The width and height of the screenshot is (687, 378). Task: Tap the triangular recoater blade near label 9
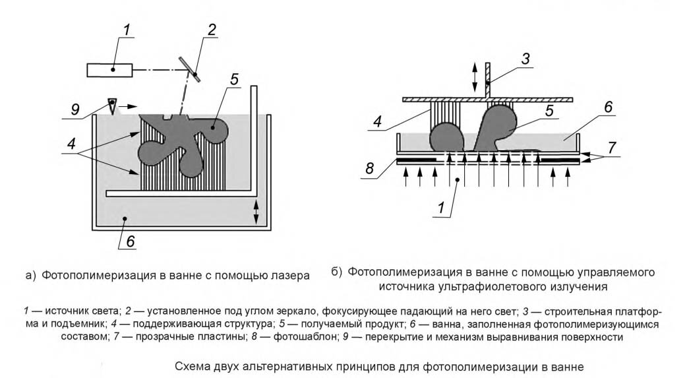pos(112,105)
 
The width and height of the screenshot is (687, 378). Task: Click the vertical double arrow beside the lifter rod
pos(473,77)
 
